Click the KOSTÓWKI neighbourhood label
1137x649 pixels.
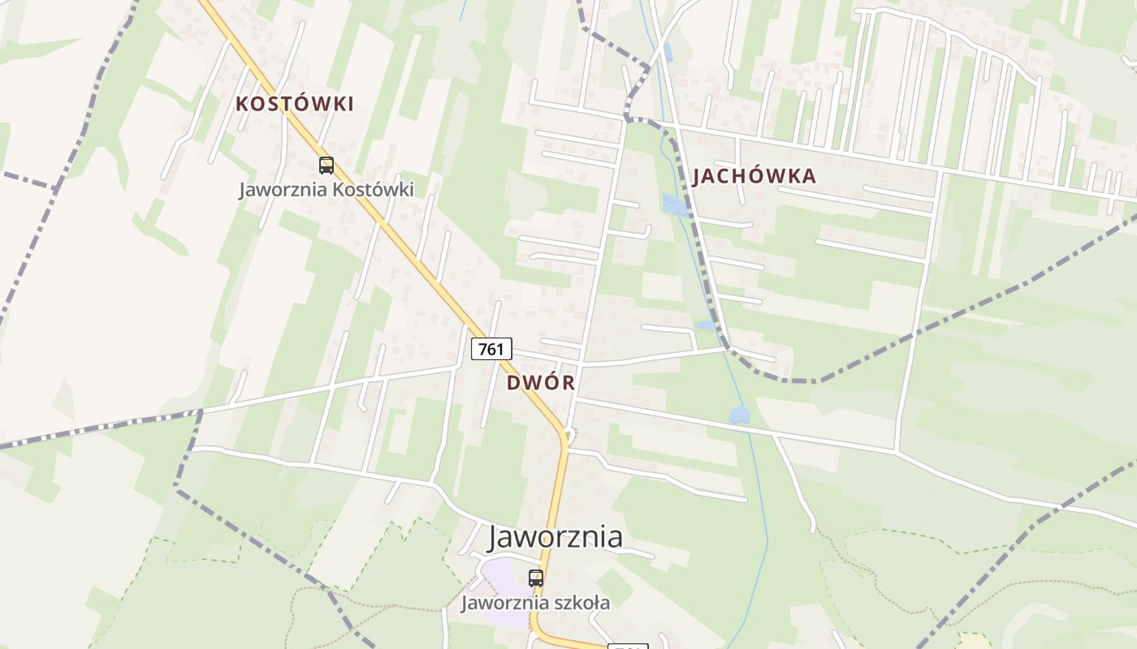[295, 104]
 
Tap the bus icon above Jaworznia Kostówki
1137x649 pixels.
[326, 165]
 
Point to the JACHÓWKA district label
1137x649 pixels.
[754, 176]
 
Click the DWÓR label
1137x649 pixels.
[541, 383]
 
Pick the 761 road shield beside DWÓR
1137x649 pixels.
[491, 349]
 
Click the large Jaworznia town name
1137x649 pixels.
[556, 537]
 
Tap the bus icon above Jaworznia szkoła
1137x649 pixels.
[536, 578]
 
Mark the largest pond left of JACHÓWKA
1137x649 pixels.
[674, 204]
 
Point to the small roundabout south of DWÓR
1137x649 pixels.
[571, 437]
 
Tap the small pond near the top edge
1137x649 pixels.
[668, 52]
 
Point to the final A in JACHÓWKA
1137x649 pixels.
[808, 176]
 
